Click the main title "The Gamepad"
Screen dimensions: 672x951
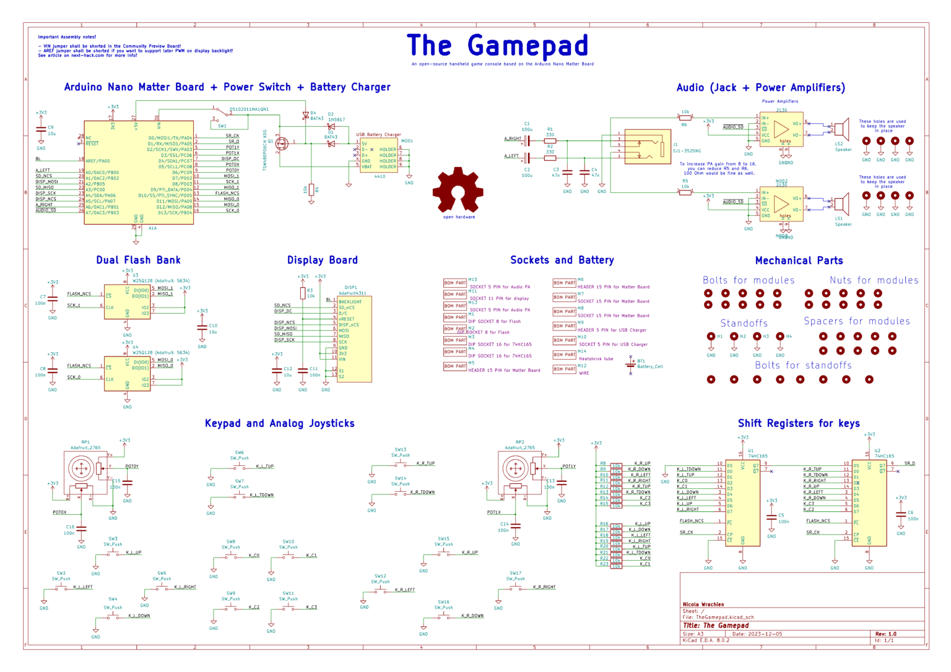pyautogui.click(x=497, y=46)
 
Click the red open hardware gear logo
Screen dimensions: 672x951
pyautogui.click(x=458, y=190)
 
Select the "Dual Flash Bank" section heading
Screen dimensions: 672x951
pyautogui.click(x=138, y=260)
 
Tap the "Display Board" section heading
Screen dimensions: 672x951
pyautogui.click(x=322, y=260)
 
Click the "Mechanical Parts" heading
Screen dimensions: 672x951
pyautogui.click(x=799, y=261)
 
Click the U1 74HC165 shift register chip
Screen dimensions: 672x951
pyautogui.click(x=742, y=502)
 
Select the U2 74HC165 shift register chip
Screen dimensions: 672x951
pyautogui.click(x=869, y=502)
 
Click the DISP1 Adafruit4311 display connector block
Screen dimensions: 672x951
pyautogui.click(x=354, y=338)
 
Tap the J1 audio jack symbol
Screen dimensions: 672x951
pyautogui.click(x=648, y=147)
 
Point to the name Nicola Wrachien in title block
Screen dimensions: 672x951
pyautogui.click(x=703, y=605)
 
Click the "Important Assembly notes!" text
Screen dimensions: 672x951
pyautogui.click(x=67, y=37)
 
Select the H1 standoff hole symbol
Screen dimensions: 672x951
pyautogui.click(x=711, y=337)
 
